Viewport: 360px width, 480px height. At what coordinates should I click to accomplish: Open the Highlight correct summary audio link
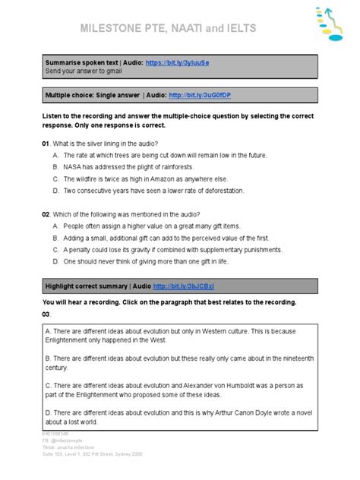click(x=183, y=286)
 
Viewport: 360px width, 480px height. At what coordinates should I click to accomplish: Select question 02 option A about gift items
click(x=151, y=226)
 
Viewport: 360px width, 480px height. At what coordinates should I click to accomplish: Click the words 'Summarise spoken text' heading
click(x=81, y=62)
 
